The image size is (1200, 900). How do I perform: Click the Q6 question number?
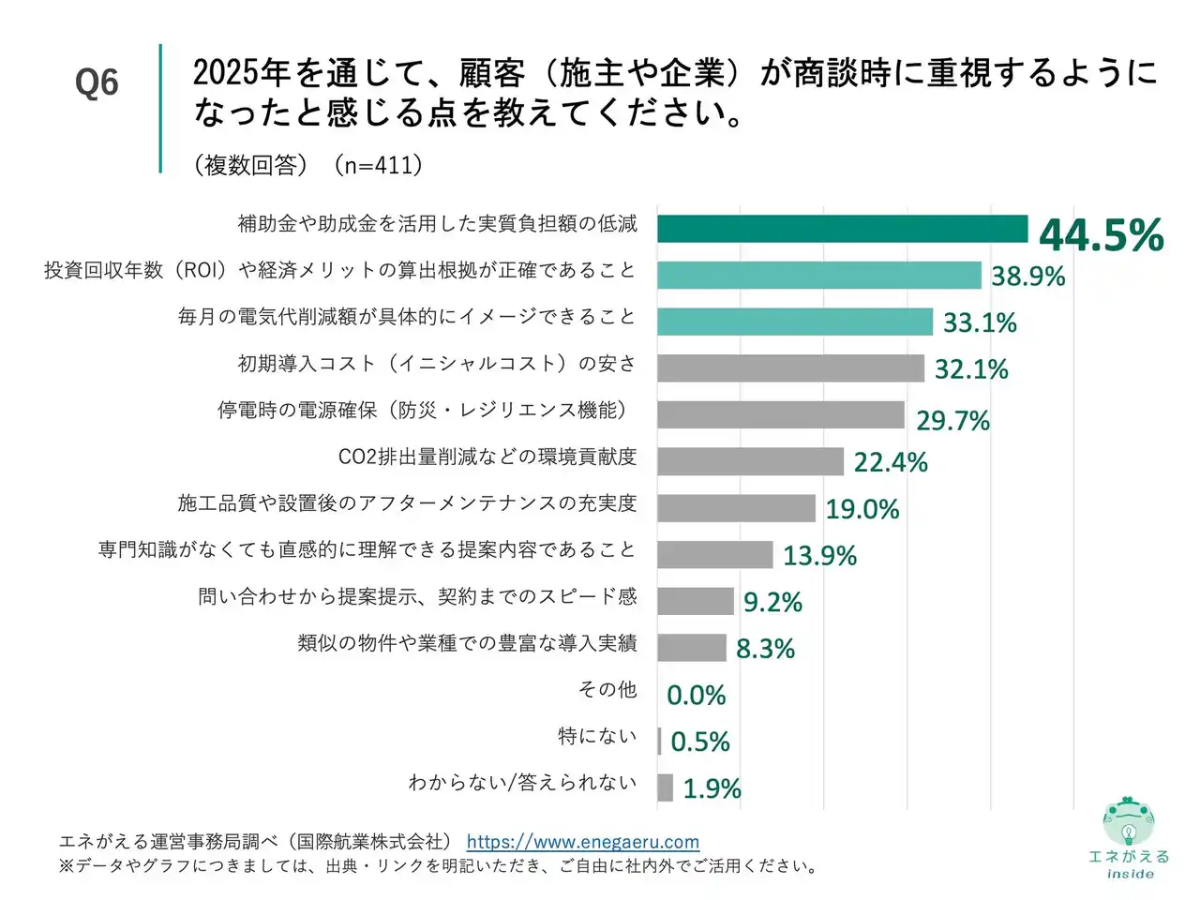[97, 82]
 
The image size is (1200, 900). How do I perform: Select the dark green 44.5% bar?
[842, 229]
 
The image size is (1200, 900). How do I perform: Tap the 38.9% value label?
[1027, 277]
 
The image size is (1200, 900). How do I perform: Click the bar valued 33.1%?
[794, 322]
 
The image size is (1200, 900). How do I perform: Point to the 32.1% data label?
[971, 369]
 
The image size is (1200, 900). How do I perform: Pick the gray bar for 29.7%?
[780, 414]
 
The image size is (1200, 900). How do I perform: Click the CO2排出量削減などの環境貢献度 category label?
[487, 457]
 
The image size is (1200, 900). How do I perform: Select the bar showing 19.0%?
[736, 508]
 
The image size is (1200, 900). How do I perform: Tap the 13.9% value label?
[819, 556]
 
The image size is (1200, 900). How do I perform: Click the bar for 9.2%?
[695, 601]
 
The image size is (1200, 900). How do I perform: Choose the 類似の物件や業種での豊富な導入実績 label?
[467, 643]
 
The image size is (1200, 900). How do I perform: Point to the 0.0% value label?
[696, 696]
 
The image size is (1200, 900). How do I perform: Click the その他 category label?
[607, 690]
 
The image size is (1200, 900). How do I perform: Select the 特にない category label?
[596, 736]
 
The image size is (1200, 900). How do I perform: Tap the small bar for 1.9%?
[665, 787]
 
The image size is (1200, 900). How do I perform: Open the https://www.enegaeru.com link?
[582, 842]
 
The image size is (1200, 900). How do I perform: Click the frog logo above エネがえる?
[1128, 822]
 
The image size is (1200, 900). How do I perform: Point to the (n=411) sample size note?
[380, 165]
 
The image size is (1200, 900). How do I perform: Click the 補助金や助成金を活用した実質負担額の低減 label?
[437, 223]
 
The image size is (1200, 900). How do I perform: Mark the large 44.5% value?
[1101, 234]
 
